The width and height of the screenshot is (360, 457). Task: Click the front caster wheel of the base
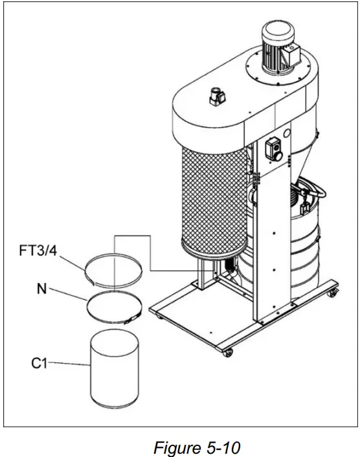(x=227, y=353)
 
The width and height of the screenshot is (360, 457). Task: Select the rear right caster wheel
(x=333, y=295)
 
